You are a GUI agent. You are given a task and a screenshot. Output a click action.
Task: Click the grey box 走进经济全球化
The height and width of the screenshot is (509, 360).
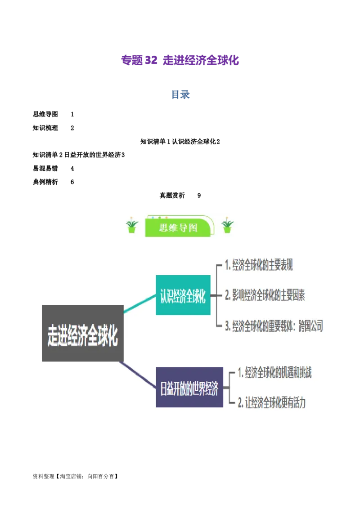[83, 333]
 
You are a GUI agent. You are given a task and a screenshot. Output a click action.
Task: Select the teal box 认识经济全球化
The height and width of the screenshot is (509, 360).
[183, 295]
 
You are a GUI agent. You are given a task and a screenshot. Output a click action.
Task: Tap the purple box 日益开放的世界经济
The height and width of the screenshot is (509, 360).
[189, 387]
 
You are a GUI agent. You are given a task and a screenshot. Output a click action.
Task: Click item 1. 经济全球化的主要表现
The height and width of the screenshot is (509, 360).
[259, 266]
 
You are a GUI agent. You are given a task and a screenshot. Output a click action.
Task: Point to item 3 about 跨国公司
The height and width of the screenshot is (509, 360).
[274, 326]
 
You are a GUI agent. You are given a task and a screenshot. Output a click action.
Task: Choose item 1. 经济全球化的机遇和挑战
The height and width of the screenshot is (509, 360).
[274, 373]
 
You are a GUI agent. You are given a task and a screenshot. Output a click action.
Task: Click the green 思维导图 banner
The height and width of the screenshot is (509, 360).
[178, 228]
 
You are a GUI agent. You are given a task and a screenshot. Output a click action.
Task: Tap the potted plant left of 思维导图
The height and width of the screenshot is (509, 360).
[132, 226]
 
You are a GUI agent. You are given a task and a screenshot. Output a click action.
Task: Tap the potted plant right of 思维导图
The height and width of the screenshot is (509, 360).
[228, 226]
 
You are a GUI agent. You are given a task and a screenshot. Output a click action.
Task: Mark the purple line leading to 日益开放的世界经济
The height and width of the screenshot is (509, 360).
[138, 373]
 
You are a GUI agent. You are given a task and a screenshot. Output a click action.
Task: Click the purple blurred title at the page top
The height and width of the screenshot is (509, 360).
[180, 61]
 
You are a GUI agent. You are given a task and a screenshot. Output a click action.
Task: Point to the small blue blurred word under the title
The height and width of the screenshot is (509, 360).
[180, 95]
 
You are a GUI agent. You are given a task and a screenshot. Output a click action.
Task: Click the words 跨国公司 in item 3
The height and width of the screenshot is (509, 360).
[310, 326]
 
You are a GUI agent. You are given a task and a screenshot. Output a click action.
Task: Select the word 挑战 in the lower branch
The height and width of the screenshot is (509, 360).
[304, 373]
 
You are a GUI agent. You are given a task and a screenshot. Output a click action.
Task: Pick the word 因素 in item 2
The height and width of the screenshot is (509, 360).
[297, 295]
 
